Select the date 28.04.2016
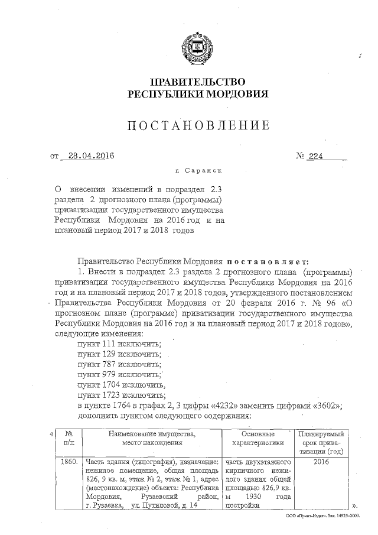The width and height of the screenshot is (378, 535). point(90,156)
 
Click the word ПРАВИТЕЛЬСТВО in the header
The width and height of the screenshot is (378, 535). point(198,82)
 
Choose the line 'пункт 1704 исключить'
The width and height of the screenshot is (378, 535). point(121,385)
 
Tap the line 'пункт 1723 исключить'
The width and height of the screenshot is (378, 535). point(121,395)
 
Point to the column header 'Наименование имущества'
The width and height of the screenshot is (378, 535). point(152,438)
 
